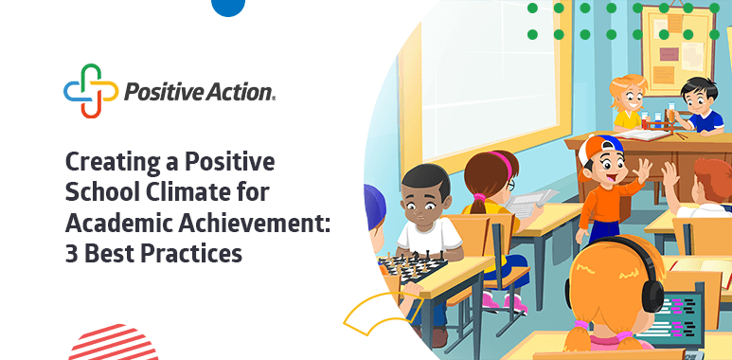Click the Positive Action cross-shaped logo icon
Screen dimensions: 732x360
[x=91, y=91]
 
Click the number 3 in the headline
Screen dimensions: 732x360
[x=71, y=252]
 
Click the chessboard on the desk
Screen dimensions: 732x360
[x=411, y=266]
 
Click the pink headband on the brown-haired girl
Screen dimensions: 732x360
[x=500, y=162]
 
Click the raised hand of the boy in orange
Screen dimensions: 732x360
[x=642, y=171]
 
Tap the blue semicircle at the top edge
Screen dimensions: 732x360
[x=228, y=8]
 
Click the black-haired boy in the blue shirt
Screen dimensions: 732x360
[x=698, y=106]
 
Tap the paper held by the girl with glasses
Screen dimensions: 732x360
[x=530, y=201]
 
